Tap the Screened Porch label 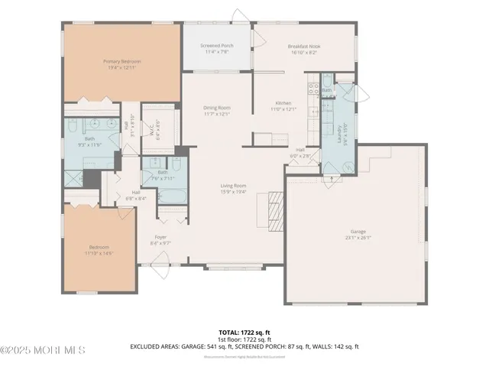tap(217, 46)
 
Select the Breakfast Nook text tap(304, 46)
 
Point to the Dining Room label tap(217, 109)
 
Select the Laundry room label tap(332, 129)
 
